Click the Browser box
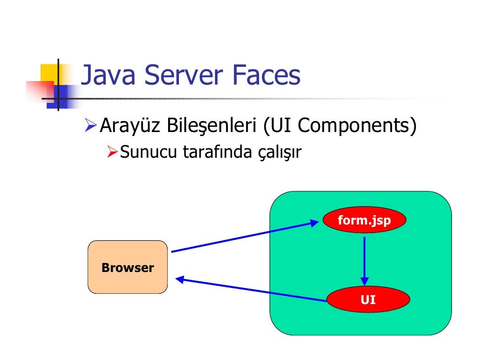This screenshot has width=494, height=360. tap(128, 268)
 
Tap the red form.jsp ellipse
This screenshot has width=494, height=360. tap(364, 220)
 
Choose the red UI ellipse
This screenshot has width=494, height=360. tap(368, 300)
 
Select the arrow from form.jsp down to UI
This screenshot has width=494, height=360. tap(364, 260)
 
